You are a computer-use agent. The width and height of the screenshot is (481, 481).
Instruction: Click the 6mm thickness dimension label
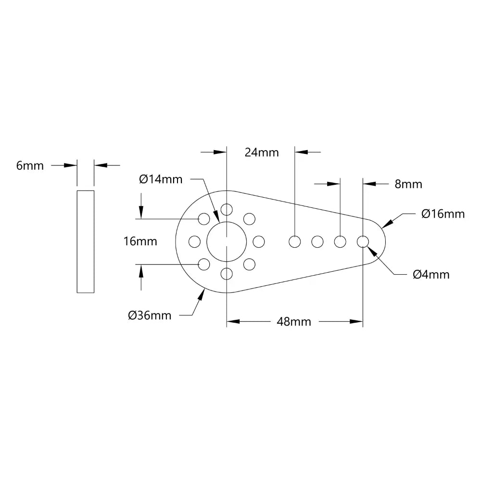click(x=30, y=166)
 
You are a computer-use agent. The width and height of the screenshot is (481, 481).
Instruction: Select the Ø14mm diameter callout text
click(x=161, y=179)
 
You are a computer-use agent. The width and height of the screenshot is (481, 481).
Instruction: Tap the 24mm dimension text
click(x=262, y=152)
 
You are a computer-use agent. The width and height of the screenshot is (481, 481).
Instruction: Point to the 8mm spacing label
click(x=408, y=184)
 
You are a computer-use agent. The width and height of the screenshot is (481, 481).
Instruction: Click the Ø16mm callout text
click(x=443, y=214)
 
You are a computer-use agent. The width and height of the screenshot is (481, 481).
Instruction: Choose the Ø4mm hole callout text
click(x=431, y=275)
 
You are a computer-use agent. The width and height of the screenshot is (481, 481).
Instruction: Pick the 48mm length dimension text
click(x=293, y=322)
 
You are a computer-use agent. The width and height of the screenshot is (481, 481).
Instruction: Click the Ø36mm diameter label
click(x=150, y=316)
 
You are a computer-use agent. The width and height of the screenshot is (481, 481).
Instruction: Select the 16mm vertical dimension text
click(x=140, y=241)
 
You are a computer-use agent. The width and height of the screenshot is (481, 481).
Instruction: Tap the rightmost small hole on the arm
click(x=363, y=241)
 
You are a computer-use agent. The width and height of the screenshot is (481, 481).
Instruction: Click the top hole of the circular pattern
click(x=226, y=209)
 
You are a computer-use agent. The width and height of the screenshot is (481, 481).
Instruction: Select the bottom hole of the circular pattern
click(x=226, y=274)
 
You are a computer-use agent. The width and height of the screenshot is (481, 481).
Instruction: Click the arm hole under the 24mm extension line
click(x=294, y=241)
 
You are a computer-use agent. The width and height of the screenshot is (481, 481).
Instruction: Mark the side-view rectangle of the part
click(x=86, y=241)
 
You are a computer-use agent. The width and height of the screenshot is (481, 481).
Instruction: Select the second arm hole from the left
click(x=317, y=241)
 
